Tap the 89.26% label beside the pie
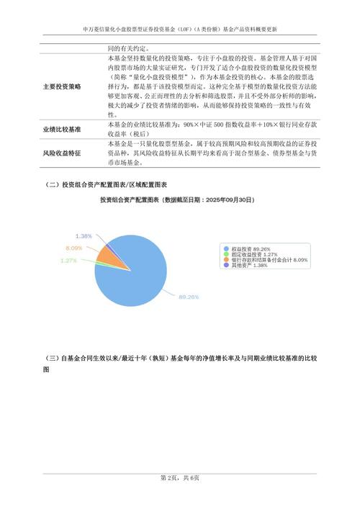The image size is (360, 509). [189, 296]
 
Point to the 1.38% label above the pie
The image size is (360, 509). [84, 236]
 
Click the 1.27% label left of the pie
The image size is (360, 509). [69, 260]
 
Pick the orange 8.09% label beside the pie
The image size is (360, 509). [74, 248]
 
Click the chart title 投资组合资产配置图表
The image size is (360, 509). [130, 199]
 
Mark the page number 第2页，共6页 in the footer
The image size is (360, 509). [180, 479]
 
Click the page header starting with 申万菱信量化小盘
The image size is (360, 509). [180, 30]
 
